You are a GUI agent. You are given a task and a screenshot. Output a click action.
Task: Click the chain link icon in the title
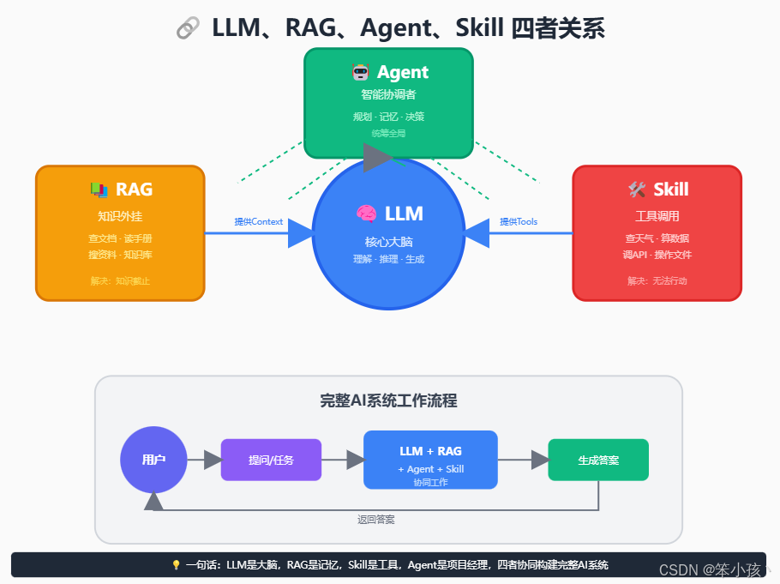(188, 28)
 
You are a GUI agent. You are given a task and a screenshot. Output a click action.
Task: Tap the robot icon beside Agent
(360, 72)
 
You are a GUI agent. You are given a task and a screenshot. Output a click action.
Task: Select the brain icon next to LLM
(366, 214)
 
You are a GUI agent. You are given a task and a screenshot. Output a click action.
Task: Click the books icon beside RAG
(99, 189)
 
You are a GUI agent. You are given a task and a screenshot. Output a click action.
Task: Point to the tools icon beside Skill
(636, 189)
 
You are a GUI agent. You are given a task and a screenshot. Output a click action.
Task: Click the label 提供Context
(258, 221)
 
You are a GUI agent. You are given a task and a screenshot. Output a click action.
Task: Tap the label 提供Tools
(519, 221)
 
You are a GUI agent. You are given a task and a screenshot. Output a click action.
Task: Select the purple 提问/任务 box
(271, 460)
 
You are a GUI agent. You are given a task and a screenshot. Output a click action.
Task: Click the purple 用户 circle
(153, 460)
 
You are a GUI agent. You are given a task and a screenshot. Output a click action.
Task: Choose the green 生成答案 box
(598, 460)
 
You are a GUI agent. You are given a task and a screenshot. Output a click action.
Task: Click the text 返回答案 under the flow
(375, 519)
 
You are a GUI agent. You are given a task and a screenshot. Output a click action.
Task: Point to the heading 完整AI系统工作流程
(388, 400)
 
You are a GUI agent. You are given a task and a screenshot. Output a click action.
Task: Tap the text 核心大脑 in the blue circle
(388, 242)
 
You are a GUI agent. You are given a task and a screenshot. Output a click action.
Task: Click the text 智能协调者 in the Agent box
(388, 94)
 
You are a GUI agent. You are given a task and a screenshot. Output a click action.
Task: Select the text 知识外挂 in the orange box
(120, 215)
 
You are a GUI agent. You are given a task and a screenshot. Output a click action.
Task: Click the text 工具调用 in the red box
(657, 215)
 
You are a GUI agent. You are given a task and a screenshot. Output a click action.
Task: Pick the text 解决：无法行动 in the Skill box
(657, 280)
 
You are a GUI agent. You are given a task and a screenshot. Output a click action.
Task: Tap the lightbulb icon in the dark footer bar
(177, 565)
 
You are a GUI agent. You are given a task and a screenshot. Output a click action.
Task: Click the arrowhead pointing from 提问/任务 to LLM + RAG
(355, 460)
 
